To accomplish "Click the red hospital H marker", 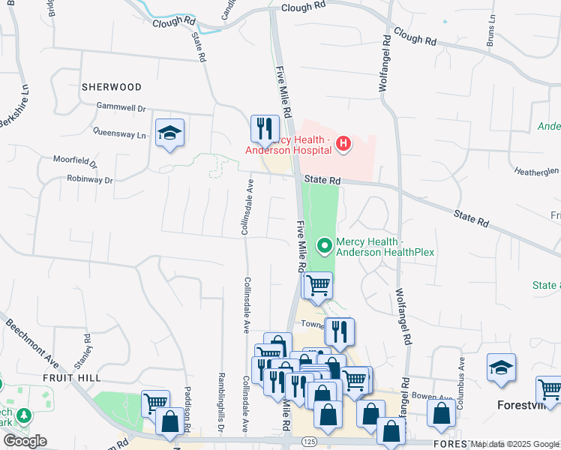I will [x=343, y=142].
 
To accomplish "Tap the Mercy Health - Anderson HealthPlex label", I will [x=385, y=247].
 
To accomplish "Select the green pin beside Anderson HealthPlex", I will [x=325, y=244].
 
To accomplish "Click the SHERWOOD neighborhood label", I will [x=112, y=88].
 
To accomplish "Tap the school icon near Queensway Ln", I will [x=170, y=133].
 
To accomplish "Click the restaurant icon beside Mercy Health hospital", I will [x=264, y=129].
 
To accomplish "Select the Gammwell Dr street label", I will [x=121, y=108].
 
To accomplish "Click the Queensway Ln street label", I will [x=119, y=134].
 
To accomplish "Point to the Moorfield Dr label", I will [x=75, y=160].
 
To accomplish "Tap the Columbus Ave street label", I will [x=463, y=375].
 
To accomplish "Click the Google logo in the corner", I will [x=25, y=441].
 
